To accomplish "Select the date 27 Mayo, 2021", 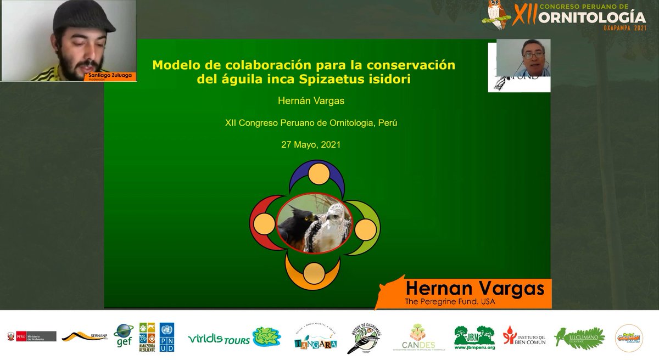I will click(311, 145).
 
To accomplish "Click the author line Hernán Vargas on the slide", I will click(311, 102).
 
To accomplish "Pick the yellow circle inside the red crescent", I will click(263, 223).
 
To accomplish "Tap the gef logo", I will click(123, 335).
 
